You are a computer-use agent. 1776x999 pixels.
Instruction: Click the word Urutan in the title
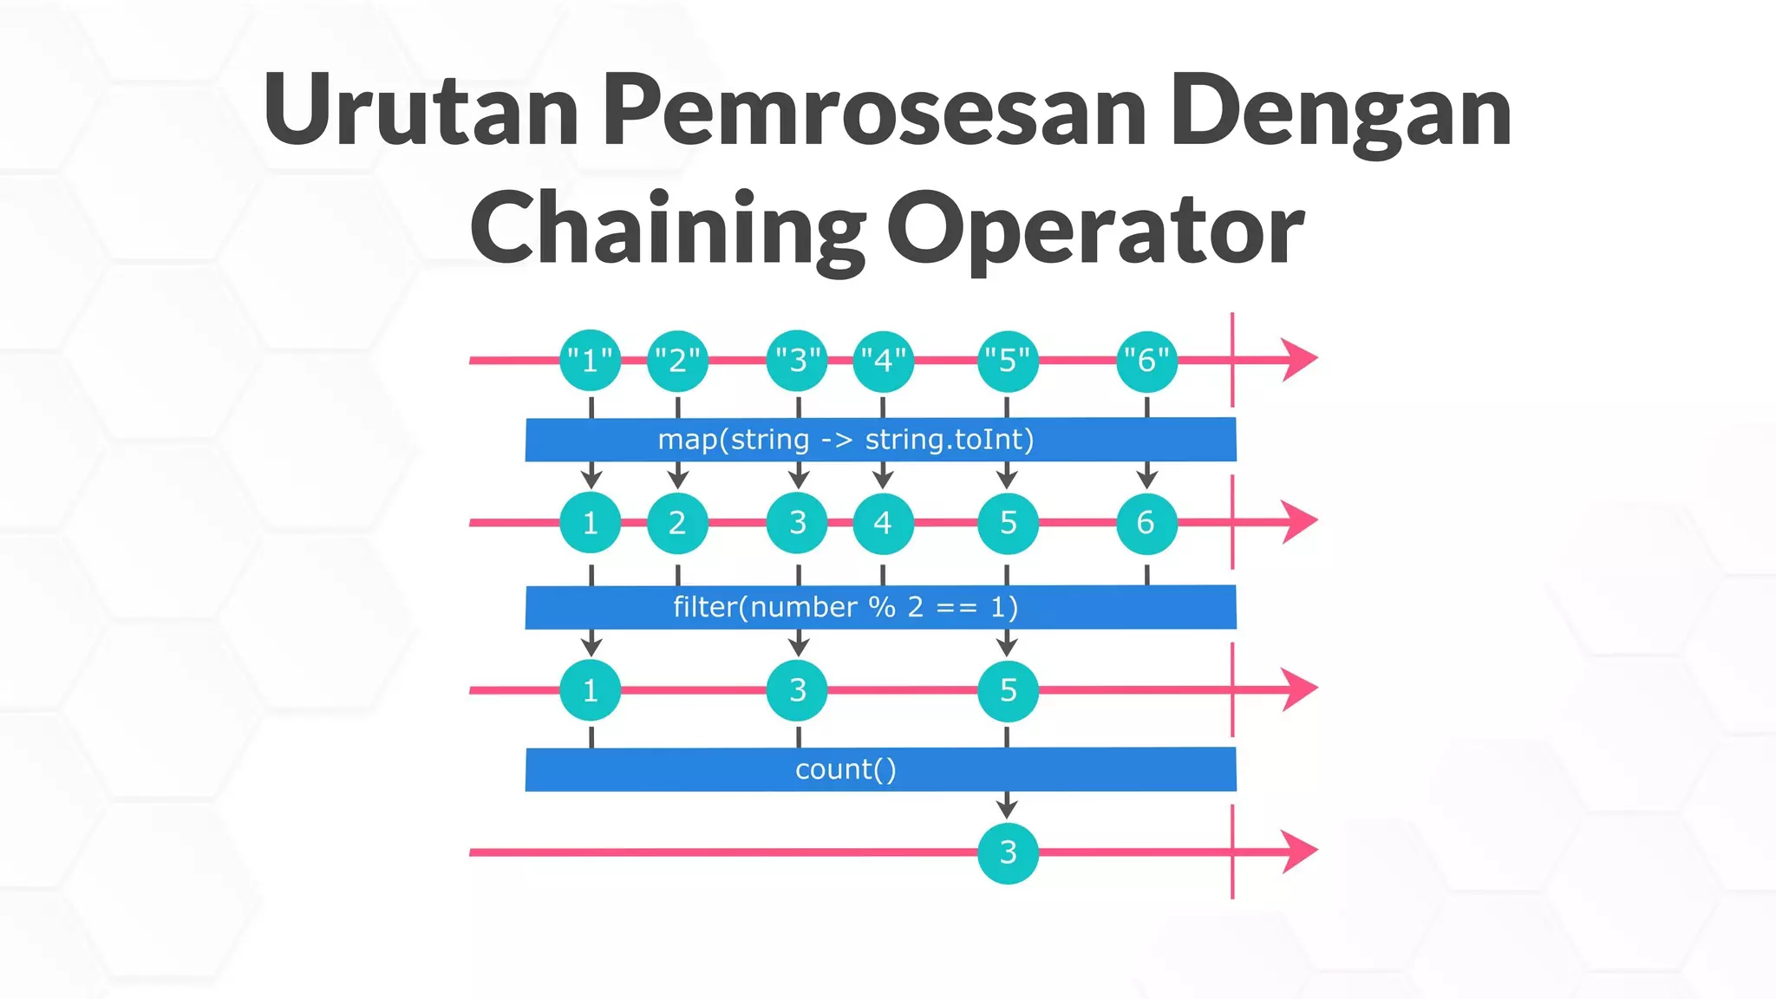[x=421, y=110]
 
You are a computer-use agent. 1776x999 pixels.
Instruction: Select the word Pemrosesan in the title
[x=875, y=110]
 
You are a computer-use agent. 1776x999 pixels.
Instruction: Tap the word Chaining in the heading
[x=668, y=229]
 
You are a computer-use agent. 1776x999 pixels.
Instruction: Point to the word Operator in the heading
[x=1095, y=229]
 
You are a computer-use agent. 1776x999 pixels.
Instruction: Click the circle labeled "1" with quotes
[x=591, y=360]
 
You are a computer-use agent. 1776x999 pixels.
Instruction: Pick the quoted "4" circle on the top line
[x=883, y=360]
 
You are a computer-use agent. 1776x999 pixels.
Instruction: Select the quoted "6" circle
[x=1146, y=360]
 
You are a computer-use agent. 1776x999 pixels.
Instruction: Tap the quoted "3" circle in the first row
[x=797, y=360]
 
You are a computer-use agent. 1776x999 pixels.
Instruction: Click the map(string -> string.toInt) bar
[x=880, y=440]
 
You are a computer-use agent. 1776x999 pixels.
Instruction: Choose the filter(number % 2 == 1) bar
[x=880, y=607]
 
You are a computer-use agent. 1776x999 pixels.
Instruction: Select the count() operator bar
[x=880, y=769]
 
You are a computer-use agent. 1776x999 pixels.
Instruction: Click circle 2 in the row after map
[x=677, y=523]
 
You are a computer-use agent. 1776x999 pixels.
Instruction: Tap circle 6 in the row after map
[x=1146, y=523]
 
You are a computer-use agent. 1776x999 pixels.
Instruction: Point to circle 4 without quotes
[x=883, y=523]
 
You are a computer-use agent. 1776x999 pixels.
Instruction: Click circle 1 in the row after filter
[x=591, y=690]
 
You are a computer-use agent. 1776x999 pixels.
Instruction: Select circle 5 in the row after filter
[x=1008, y=690]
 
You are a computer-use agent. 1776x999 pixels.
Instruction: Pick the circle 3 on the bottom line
[x=1008, y=852]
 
